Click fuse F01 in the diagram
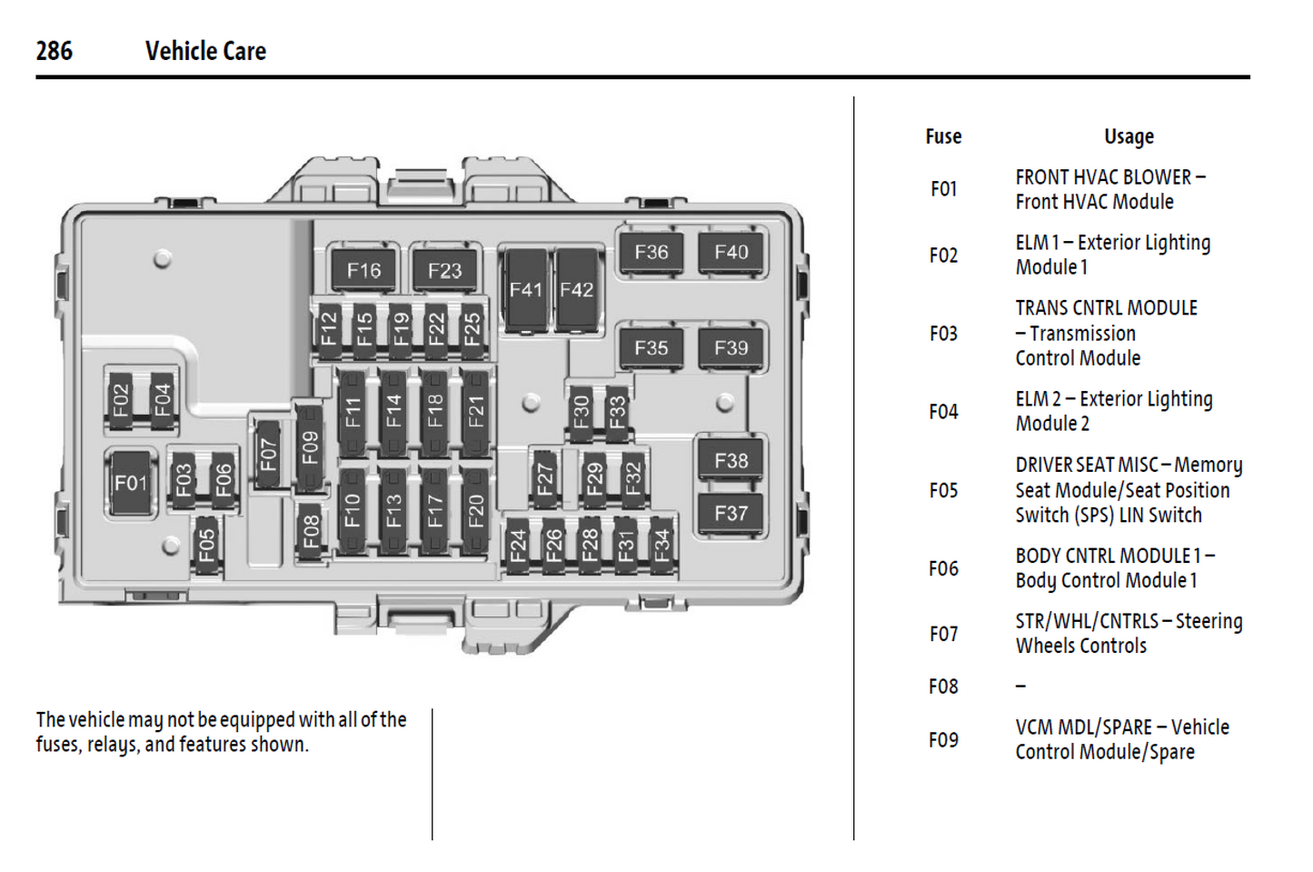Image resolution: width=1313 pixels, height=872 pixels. [130, 483]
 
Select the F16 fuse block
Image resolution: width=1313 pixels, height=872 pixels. [363, 270]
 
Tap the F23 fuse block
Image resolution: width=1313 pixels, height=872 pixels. [444, 270]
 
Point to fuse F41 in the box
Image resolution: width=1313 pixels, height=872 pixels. [525, 290]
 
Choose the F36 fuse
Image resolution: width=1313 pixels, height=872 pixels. [651, 252]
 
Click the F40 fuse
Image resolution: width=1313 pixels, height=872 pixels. [731, 252]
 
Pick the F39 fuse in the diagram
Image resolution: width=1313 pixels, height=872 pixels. [731, 347]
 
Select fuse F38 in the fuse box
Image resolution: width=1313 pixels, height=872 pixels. [731, 461]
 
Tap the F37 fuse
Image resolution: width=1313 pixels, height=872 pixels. [731, 514]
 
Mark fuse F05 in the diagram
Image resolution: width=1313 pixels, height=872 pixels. [206, 546]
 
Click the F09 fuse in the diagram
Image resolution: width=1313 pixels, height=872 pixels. [310, 447]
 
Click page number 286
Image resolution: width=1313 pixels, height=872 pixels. [54, 51]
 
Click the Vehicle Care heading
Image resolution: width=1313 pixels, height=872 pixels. [205, 51]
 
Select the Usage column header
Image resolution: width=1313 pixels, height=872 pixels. [1129, 136]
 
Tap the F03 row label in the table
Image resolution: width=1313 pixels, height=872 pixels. [943, 334]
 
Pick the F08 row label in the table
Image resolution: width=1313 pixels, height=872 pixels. [943, 687]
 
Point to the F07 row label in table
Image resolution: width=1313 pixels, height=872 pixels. [943, 634]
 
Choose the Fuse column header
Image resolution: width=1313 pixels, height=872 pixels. [943, 136]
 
